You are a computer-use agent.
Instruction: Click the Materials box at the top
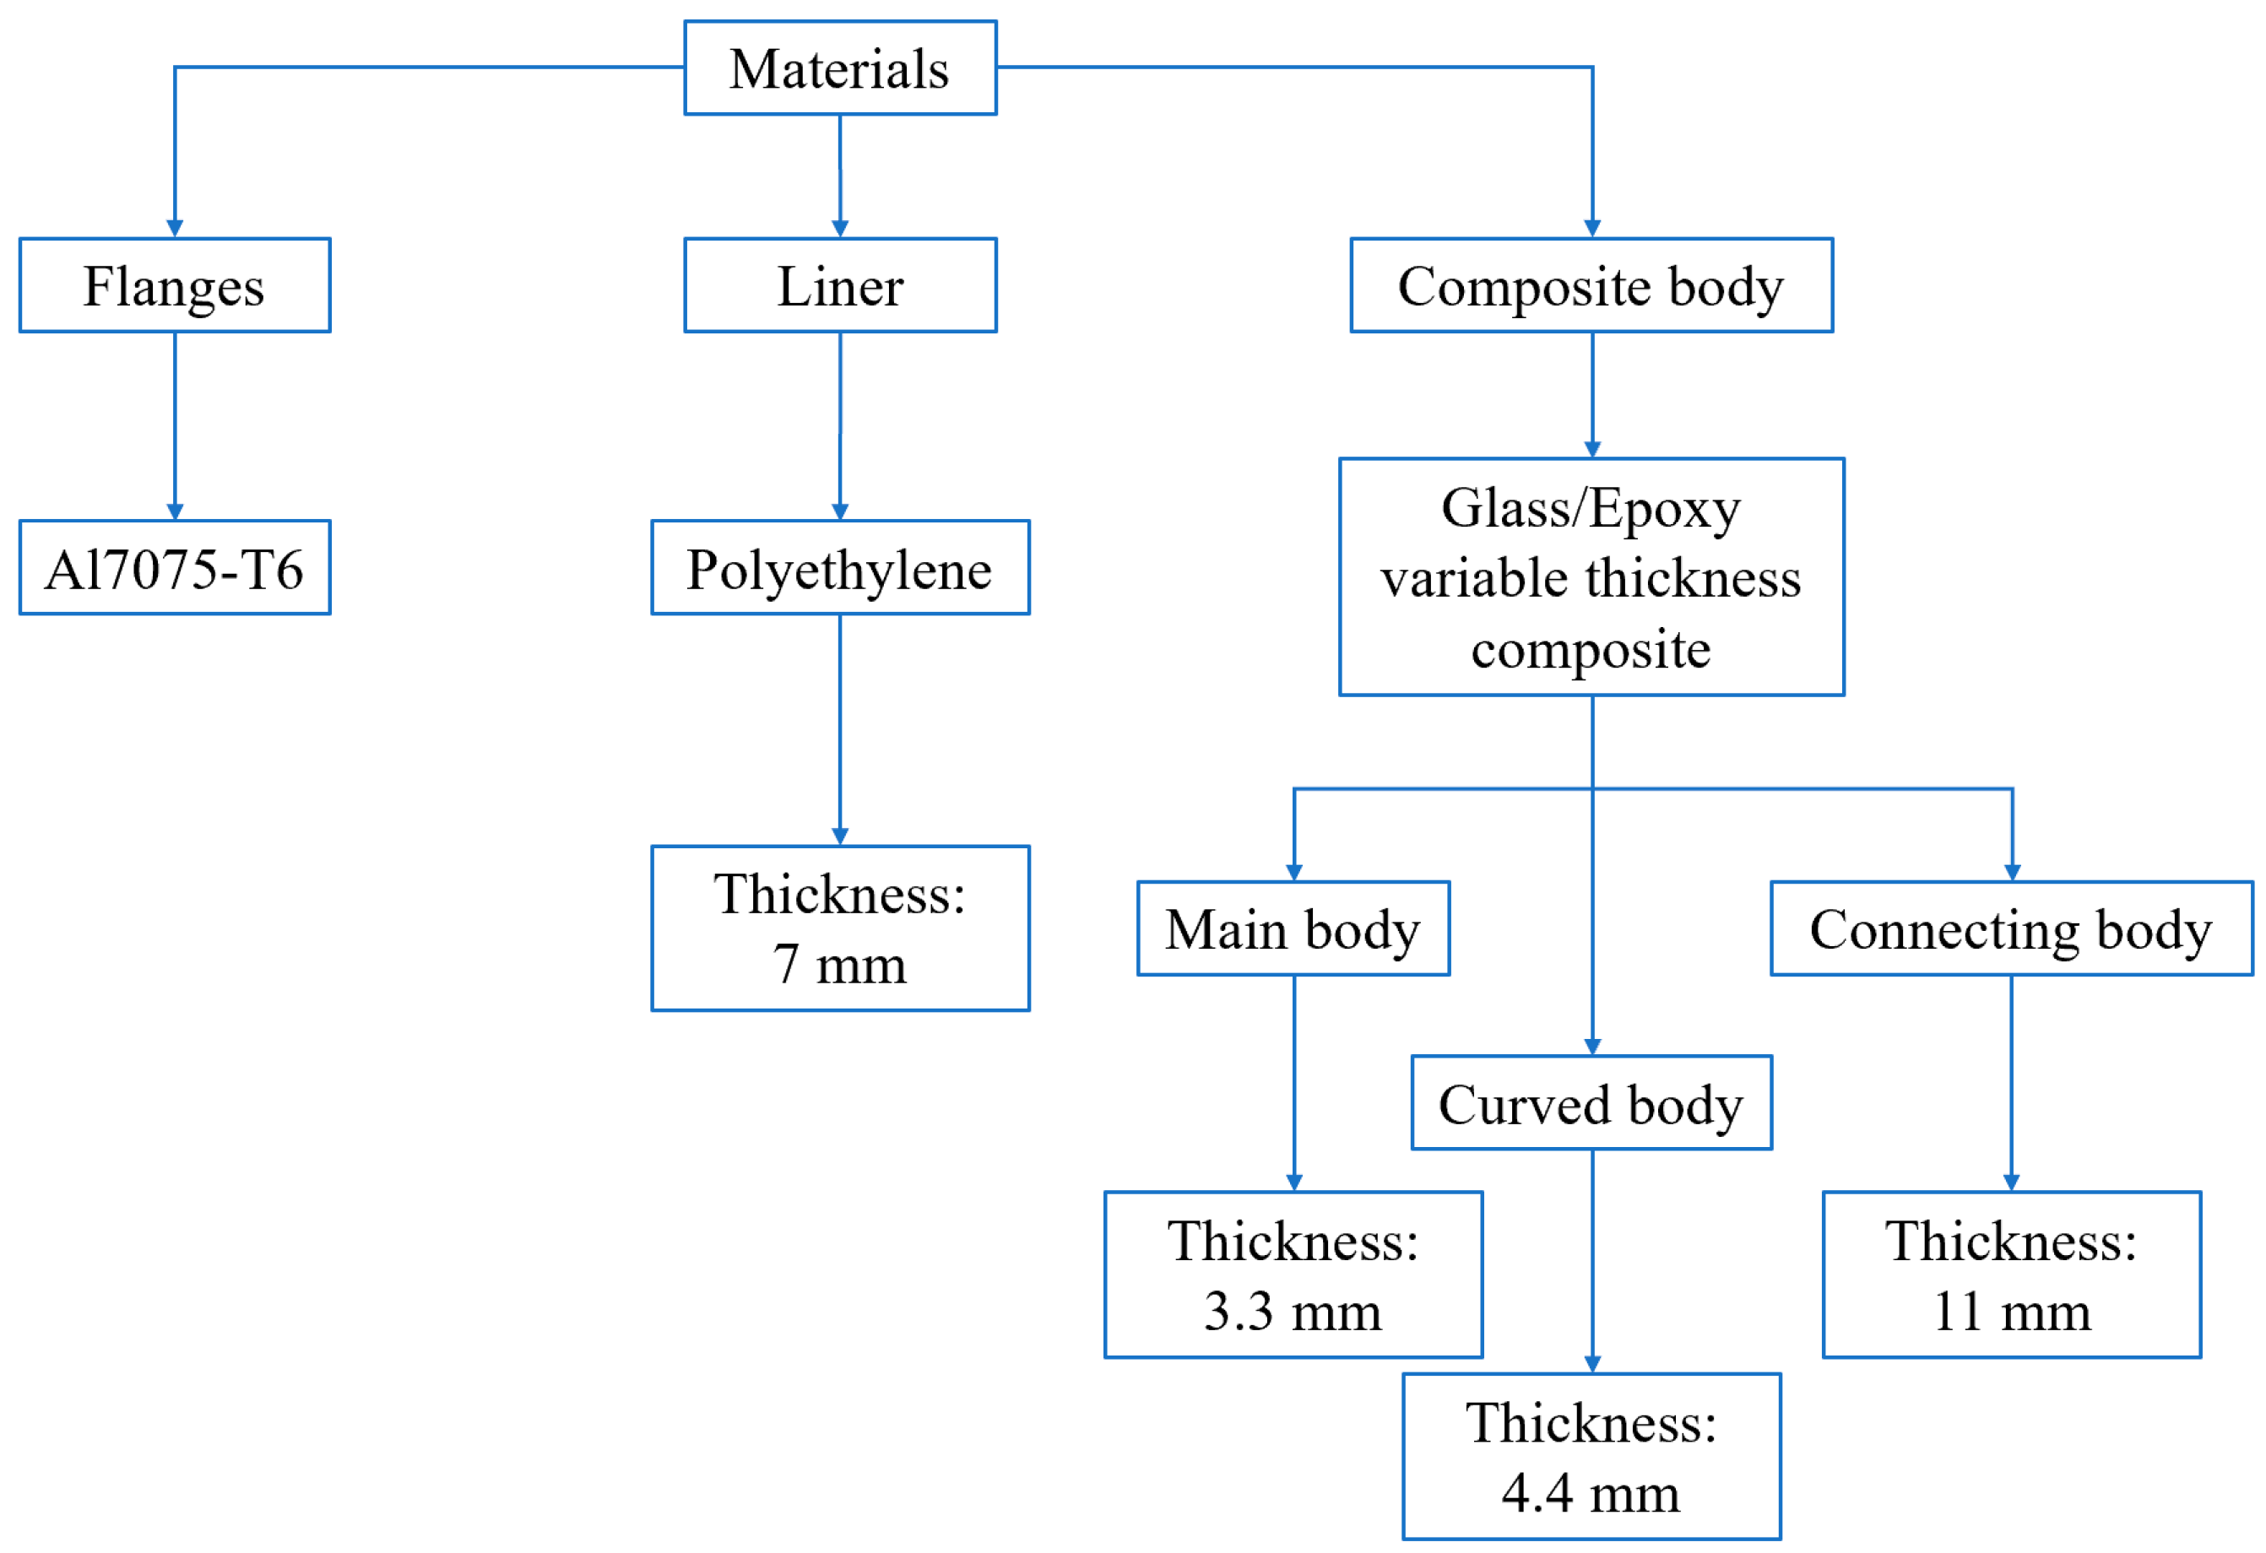point(839,68)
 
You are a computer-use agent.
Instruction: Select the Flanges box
point(175,285)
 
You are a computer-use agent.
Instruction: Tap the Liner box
point(839,285)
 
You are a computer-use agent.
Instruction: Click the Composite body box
point(1591,285)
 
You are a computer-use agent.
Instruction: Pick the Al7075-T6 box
point(175,568)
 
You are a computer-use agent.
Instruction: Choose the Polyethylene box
point(839,568)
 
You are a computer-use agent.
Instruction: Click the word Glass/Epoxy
point(1591,508)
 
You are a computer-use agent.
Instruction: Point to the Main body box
point(1293,929)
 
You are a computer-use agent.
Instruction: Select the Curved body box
point(1591,1104)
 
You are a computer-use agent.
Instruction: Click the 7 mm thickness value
point(839,966)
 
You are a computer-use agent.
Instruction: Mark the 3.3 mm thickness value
point(1293,1312)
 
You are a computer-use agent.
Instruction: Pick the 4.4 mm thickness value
point(1591,1492)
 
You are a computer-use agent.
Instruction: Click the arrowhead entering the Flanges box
point(175,229)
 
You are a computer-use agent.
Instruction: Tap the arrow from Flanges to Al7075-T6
point(175,424)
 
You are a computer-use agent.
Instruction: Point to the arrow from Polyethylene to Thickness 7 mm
point(839,727)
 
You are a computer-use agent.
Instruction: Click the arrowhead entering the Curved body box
point(1592,1046)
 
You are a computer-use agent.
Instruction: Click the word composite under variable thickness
point(1591,649)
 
